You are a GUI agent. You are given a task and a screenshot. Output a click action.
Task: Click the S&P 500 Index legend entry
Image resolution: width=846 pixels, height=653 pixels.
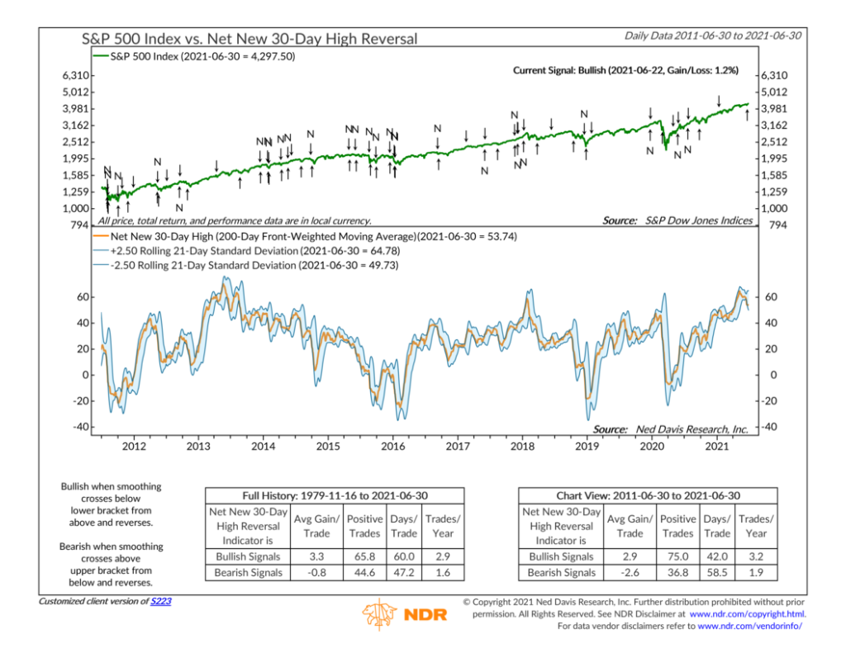pos(202,56)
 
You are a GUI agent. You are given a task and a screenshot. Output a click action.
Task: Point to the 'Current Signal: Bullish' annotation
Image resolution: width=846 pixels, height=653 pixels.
pos(625,71)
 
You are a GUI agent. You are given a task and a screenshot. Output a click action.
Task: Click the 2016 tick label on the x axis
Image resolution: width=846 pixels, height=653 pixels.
pos(392,446)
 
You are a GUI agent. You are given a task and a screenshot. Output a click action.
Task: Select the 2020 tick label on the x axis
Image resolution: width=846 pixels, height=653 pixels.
pos(652,446)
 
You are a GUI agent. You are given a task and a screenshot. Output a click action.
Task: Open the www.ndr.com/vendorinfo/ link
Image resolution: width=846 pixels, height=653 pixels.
pos(750,627)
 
